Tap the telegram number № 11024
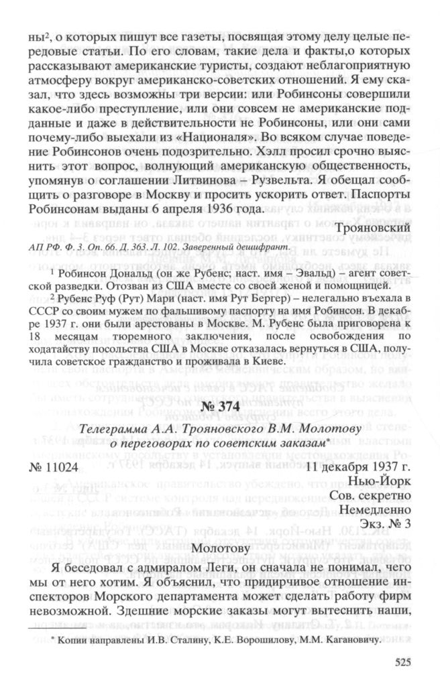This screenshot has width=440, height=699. click(x=55, y=448)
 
